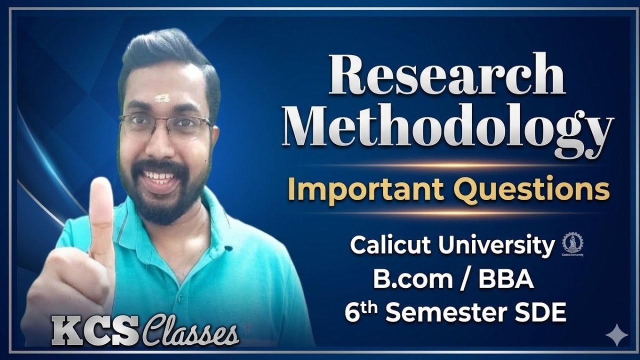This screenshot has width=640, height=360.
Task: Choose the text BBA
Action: [x=506, y=279]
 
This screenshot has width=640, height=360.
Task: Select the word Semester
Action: [x=445, y=313]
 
